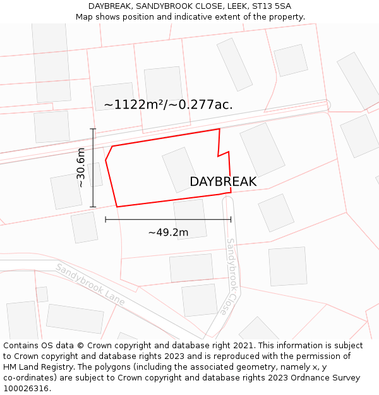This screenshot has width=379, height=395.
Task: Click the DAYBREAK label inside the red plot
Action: coord(223,181)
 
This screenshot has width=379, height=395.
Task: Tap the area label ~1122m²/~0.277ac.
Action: coord(168,105)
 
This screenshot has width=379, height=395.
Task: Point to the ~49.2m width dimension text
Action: coord(168,232)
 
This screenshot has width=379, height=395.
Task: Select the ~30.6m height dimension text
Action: coord(81,167)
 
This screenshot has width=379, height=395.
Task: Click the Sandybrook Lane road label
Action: coord(90,285)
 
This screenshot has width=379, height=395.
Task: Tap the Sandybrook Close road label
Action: coord(231,276)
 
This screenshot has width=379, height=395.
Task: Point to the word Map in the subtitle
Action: coord(85,16)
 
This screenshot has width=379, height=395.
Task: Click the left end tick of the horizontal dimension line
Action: coord(105,219)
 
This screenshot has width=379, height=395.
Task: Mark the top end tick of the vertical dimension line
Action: coord(93,129)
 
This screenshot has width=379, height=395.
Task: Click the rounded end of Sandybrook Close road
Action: coord(228,200)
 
